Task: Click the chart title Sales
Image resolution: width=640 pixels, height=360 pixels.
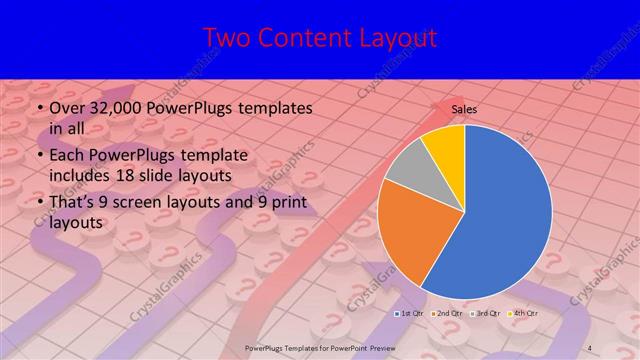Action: coord(464,108)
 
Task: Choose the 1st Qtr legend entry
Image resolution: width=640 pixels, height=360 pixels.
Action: coord(410,314)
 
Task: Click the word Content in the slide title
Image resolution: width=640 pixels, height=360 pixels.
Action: coord(305,38)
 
